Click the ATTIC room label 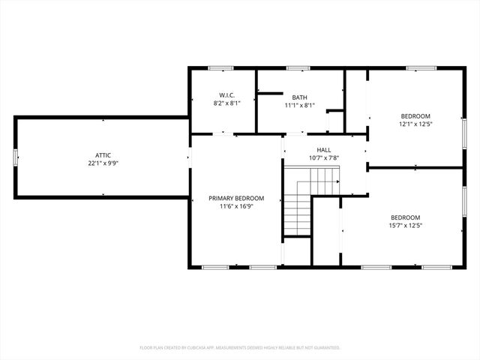click(x=103, y=154)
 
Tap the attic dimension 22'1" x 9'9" click(x=103, y=163)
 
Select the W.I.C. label click(x=227, y=95)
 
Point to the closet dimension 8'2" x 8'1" click(x=227, y=103)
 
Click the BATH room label click(x=299, y=97)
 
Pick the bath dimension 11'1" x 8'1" click(x=299, y=106)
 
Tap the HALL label click(x=323, y=150)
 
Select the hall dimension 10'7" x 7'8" click(x=323, y=158)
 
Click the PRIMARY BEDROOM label click(x=236, y=198)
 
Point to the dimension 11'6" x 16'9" click(x=236, y=206)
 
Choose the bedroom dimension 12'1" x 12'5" click(x=416, y=124)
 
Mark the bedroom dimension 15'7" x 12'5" click(x=406, y=225)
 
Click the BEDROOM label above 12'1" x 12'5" click(x=416, y=115)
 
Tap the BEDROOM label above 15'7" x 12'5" click(x=406, y=217)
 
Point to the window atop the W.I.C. click(x=220, y=68)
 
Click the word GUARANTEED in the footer click(x=324, y=348)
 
